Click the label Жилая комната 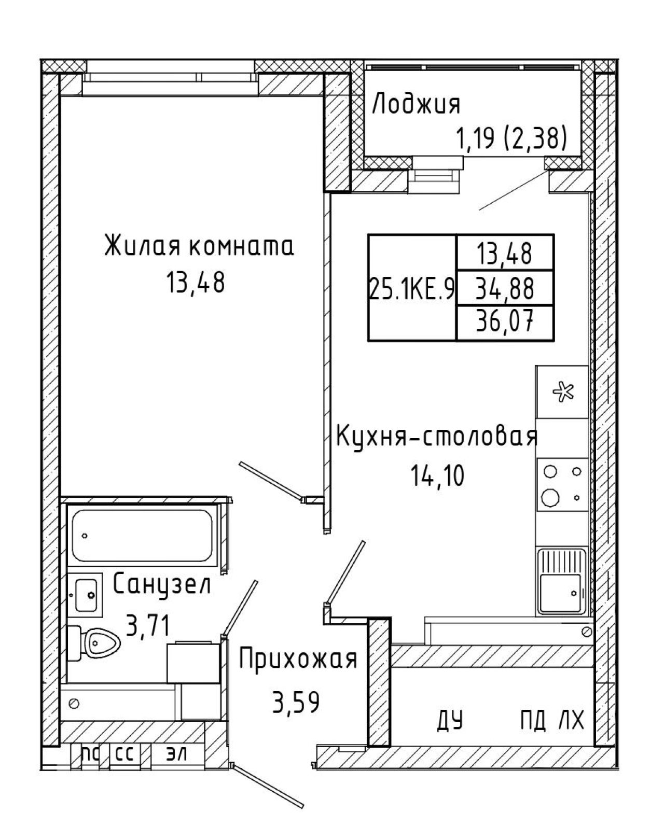[x=199, y=246]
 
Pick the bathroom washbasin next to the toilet [x=86, y=595]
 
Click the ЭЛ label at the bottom [x=176, y=753]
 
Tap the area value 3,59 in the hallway [x=296, y=702]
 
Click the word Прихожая [x=298, y=658]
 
